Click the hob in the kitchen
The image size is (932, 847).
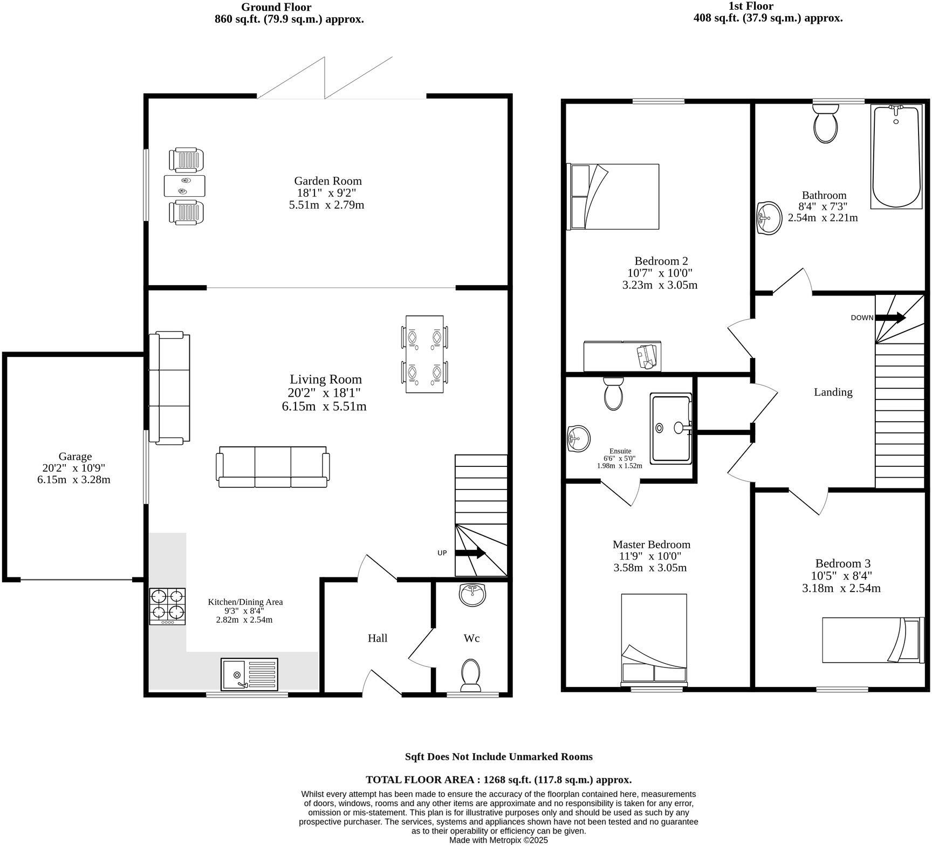(x=167, y=606)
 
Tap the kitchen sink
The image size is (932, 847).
(x=249, y=674)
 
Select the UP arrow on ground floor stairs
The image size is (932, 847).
(x=471, y=553)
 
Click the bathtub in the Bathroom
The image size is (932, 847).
(x=896, y=157)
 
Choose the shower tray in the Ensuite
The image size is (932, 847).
(x=670, y=428)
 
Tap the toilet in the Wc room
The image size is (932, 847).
(x=471, y=675)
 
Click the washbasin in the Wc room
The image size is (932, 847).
(x=473, y=594)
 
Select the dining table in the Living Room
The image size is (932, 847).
(x=424, y=355)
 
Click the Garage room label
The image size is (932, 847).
(x=75, y=457)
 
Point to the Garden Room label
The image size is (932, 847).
(x=327, y=181)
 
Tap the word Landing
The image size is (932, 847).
(x=833, y=392)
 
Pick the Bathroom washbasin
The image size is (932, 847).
(x=769, y=218)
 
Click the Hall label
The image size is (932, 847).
(x=378, y=638)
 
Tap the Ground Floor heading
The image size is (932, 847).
(x=276, y=7)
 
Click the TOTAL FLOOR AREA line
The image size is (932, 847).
(x=498, y=780)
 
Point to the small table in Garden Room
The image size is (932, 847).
(x=185, y=185)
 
